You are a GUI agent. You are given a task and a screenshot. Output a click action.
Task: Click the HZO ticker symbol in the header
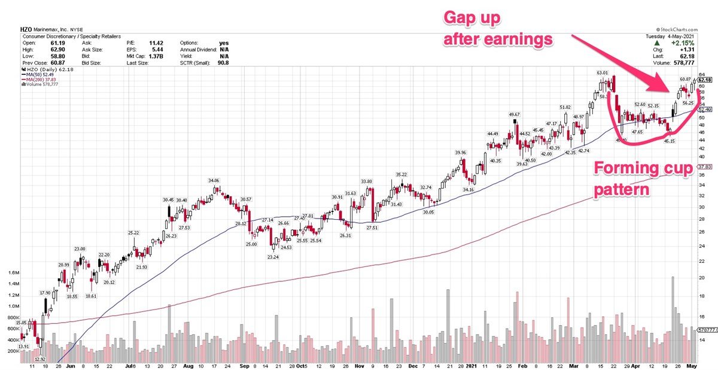pos(26,29)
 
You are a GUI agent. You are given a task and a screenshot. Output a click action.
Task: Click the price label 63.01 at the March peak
pos(601,73)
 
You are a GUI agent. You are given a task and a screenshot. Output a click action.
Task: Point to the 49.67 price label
pos(515,114)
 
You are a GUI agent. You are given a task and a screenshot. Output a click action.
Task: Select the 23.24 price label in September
pos(273,257)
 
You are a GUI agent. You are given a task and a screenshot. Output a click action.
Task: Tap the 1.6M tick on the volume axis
pos(13,272)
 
